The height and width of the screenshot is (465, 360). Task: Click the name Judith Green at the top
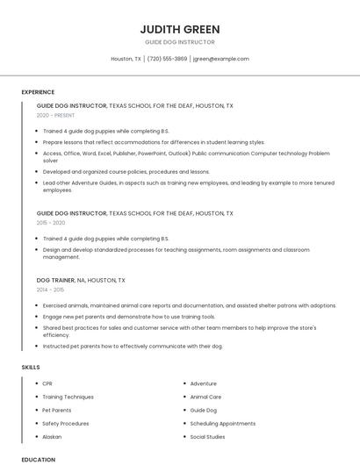tap(179, 29)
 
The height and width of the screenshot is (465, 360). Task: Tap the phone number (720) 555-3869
tap(167, 59)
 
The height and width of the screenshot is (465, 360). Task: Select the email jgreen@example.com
tap(220, 59)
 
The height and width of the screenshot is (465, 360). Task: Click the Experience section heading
tap(38, 92)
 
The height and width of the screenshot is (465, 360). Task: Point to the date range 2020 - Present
tap(55, 115)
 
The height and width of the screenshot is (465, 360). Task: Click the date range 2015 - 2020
tap(51, 223)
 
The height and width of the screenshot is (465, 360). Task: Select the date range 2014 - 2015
tap(51, 290)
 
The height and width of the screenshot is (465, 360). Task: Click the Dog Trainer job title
tap(55, 281)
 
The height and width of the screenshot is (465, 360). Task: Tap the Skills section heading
tap(31, 367)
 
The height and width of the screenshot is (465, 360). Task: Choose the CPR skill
tap(47, 383)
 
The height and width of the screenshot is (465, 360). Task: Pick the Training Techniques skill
tap(68, 397)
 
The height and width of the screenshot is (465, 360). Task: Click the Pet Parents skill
tap(57, 410)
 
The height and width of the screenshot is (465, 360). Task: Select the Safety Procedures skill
tap(65, 423)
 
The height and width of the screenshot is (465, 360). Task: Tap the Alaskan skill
tap(52, 436)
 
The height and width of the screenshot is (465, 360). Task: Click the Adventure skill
tap(203, 383)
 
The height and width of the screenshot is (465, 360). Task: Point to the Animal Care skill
tap(205, 397)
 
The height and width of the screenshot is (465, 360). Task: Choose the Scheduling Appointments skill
tap(222, 423)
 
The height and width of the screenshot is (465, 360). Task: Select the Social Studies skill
tap(207, 436)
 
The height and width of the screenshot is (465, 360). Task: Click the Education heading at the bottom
tap(38, 459)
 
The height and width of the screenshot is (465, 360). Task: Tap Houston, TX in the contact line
tap(126, 59)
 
